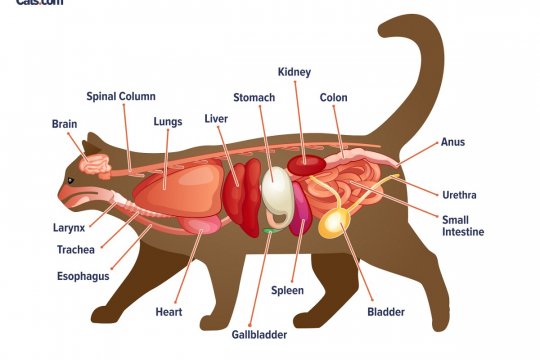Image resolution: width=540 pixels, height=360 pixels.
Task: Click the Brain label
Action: [63, 124]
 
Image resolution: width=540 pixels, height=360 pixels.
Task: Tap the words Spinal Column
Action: [120, 96]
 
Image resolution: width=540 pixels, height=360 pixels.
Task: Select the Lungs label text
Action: [168, 122]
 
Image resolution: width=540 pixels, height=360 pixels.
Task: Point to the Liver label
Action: [216, 118]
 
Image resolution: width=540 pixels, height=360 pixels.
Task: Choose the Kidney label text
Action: [294, 73]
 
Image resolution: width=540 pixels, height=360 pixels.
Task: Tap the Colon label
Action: [334, 98]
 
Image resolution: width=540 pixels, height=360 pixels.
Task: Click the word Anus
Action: [453, 142]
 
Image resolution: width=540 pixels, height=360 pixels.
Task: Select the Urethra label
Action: [459, 193]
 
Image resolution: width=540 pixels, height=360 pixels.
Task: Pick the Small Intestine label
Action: [463, 225]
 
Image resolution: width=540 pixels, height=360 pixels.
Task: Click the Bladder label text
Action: [387, 312]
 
